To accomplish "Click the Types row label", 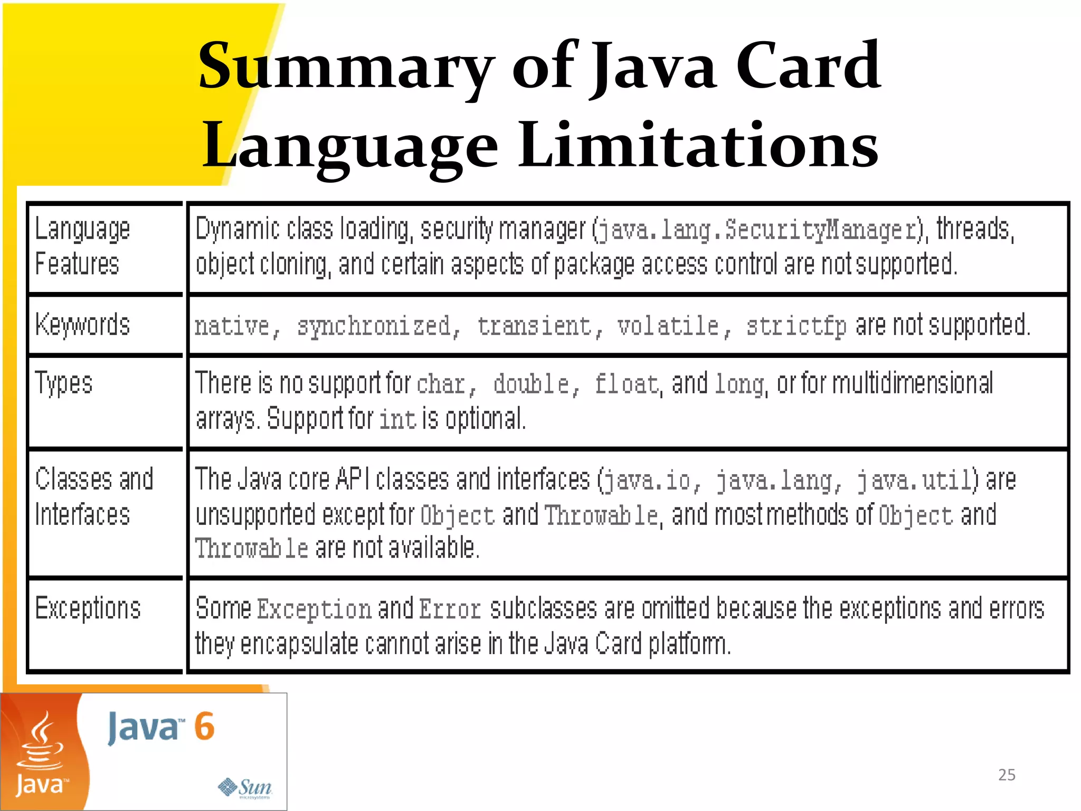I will (64, 383).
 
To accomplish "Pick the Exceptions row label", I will (88, 608).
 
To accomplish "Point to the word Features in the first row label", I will (77, 264).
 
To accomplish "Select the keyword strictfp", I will (796, 326).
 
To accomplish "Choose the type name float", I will (627, 384).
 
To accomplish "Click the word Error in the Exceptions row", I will (450, 609).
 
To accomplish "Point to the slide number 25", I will (1007, 775).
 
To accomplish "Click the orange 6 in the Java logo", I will (204, 727).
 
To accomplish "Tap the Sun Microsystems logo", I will (245, 788).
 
